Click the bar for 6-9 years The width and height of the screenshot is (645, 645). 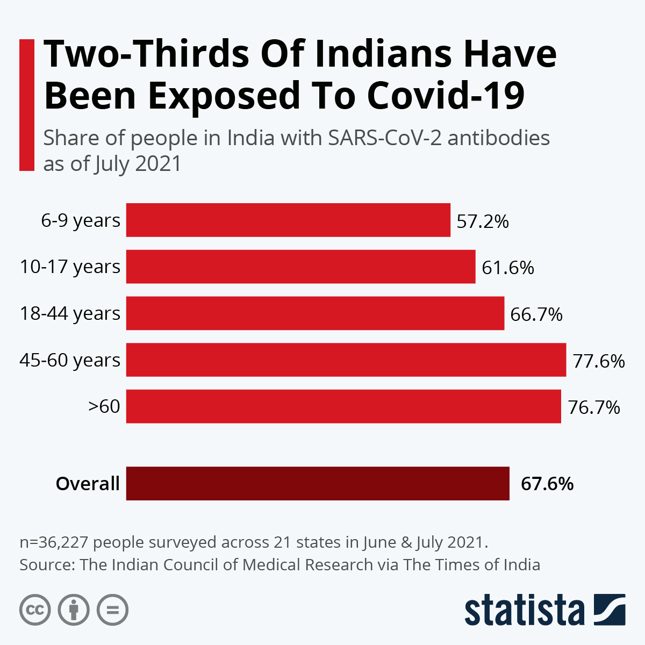point(288,220)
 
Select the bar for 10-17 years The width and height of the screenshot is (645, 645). point(300,267)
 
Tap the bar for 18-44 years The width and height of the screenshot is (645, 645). point(315,313)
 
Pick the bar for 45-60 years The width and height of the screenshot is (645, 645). point(346,360)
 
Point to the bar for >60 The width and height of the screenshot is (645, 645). point(343,406)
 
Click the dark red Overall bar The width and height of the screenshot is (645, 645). point(318,483)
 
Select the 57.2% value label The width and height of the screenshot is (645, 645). point(483,221)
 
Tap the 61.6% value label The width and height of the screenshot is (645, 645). point(508,267)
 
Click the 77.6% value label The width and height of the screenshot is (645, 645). point(599,361)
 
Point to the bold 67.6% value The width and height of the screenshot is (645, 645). point(547,484)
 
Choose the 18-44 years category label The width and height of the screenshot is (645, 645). point(70,313)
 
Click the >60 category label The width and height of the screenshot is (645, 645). point(104,406)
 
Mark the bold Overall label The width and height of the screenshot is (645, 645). point(88,484)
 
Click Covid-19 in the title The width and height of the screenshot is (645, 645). point(446,95)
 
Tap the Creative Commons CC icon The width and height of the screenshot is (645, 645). point(35,610)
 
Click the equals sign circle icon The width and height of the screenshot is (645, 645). point(112,610)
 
